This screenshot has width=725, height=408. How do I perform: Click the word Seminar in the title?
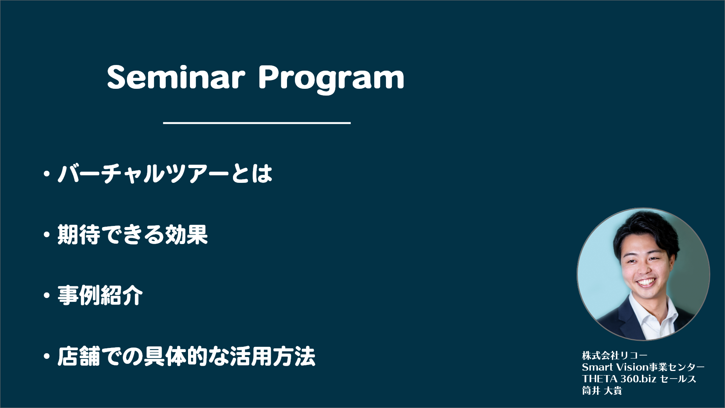click(x=176, y=77)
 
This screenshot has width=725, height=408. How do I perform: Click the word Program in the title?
click(x=331, y=79)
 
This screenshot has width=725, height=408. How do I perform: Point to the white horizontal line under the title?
click(x=257, y=123)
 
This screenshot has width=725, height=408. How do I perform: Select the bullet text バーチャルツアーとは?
click(x=165, y=174)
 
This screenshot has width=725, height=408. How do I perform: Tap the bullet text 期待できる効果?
click(x=133, y=235)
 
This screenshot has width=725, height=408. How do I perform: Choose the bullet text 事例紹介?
click(x=100, y=295)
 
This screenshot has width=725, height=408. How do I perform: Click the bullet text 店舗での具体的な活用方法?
click(x=187, y=356)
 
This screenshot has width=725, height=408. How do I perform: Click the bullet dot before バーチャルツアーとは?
click(x=47, y=174)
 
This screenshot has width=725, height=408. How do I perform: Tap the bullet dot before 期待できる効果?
click(x=47, y=235)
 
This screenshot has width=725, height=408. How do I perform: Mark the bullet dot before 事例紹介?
click(x=47, y=296)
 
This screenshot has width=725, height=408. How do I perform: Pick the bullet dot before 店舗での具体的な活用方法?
click(x=47, y=357)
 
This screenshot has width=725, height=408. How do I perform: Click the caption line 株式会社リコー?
click(x=615, y=355)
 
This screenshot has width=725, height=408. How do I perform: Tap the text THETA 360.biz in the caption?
click(x=619, y=379)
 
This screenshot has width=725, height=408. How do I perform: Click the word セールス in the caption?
click(x=678, y=379)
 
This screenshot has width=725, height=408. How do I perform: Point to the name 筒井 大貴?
click(x=602, y=391)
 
